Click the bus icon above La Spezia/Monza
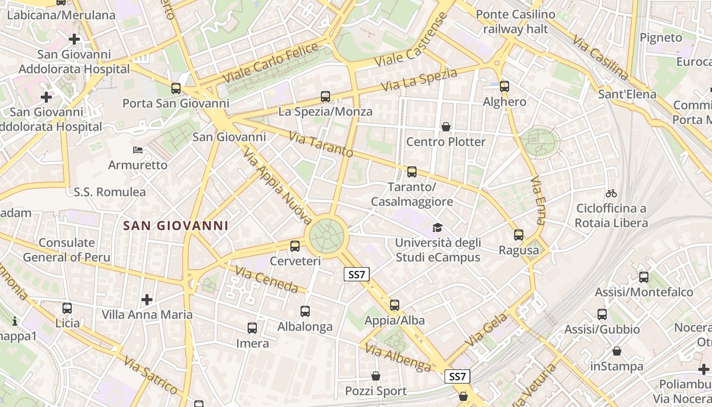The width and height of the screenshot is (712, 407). (x=325, y=96)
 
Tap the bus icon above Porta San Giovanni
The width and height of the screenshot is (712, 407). (x=176, y=88)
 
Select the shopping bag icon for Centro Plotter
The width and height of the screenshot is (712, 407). (x=446, y=126)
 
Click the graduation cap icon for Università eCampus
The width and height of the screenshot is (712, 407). (x=437, y=227)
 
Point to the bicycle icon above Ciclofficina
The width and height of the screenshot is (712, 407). (x=611, y=193)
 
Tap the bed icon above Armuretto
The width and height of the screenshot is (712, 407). (x=138, y=150)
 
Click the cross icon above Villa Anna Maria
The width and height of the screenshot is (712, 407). (x=147, y=300)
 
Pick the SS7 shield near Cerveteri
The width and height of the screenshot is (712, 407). (x=357, y=275)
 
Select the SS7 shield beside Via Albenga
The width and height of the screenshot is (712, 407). (x=457, y=376)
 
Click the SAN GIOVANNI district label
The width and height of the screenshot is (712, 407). (x=175, y=225)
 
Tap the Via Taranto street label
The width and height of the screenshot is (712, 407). (x=321, y=144)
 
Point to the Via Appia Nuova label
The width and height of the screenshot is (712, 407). (x=277, y=186)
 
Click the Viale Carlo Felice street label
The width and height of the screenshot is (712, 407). (x=271, y=64)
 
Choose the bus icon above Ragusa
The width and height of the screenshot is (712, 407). (x=519, y=235)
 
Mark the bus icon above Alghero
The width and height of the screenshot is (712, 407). (x=505, y=86)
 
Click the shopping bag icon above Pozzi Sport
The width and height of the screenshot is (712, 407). (x=376, y=376)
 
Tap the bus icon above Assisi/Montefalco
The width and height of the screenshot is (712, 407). (x=644, y=277)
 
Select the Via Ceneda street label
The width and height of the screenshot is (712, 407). (x=266, y=279)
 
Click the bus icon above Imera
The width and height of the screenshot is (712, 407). (x=252, y=328)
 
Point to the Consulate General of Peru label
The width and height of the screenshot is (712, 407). (x=67, y=250)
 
